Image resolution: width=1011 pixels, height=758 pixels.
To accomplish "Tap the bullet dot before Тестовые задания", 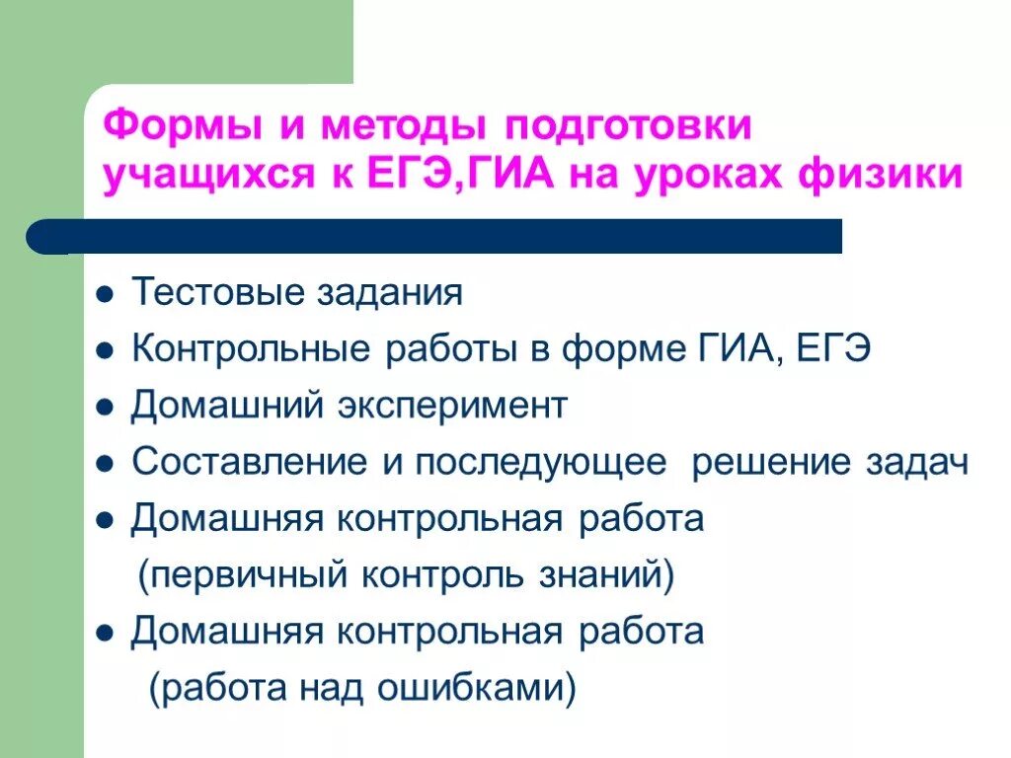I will (x=105, y=295).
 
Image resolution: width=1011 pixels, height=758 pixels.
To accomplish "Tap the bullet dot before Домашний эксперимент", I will (x=105, y=408).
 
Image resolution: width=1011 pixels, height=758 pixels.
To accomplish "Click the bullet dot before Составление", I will (x=105, y=464).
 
